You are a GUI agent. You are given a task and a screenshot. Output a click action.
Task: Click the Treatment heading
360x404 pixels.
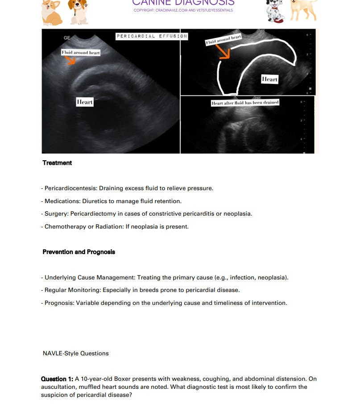[57, 163]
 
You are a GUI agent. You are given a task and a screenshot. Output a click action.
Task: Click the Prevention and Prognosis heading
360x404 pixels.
[79, 252]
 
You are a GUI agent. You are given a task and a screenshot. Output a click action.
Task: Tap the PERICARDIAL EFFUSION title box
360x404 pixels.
[152, 36]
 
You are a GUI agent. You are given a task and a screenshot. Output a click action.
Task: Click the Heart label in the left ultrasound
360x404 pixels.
[85, 102]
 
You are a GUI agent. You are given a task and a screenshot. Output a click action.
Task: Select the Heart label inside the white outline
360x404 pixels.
[269, 79]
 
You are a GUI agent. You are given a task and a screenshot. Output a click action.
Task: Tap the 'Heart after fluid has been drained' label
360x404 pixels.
[245, 103]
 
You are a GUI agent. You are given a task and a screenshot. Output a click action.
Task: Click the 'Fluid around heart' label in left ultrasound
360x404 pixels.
[81, 53]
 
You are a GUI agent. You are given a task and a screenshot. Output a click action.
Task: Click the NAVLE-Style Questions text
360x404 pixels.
[75, 354]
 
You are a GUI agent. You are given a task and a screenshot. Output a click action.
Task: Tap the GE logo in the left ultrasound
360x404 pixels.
[67, 38]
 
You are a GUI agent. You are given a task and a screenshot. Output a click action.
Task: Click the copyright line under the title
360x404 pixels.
[183, 10]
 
